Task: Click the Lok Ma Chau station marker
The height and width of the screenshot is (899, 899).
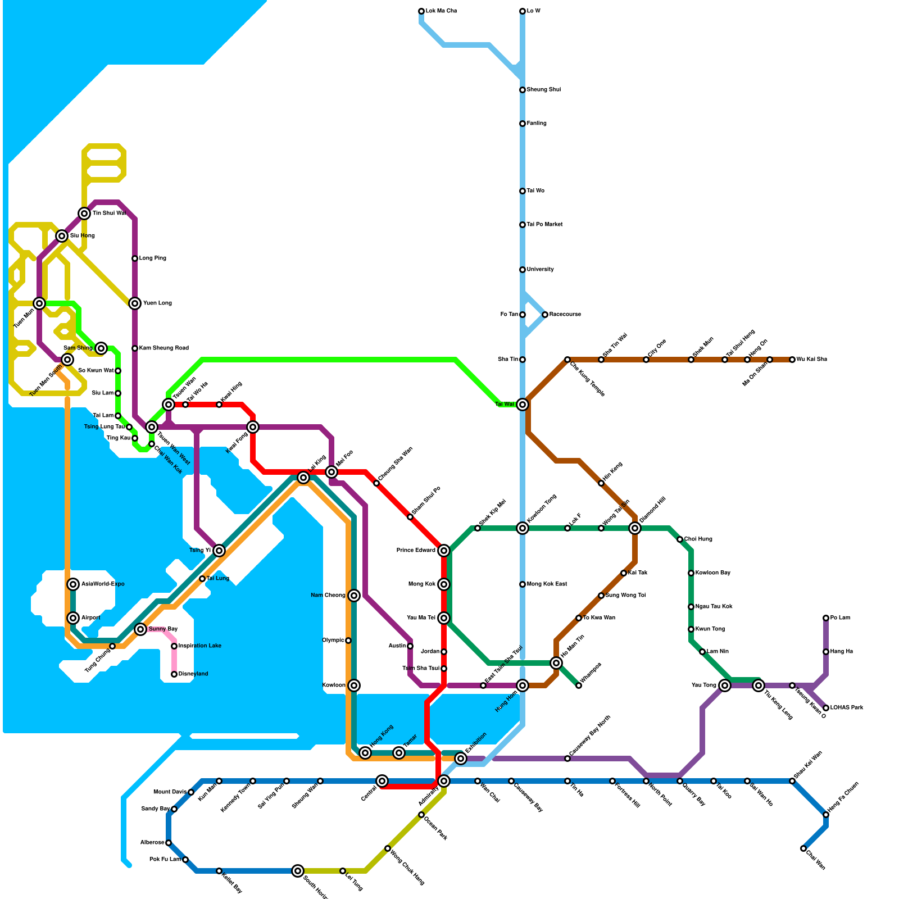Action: [x=421, y=11]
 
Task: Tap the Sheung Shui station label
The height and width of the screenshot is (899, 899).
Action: [x=543, y=90]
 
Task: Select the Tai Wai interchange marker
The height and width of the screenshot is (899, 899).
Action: [x=523, y=405]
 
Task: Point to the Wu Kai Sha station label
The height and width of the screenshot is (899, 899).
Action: [x=811, y=360]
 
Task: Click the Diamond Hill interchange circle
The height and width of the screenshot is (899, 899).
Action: [x=635, y=528]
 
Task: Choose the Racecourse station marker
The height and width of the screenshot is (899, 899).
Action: [x=545, y=315]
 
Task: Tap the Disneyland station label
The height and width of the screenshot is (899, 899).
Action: [x=193, y=674]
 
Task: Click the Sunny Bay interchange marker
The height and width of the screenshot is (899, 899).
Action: [x=140, y=629]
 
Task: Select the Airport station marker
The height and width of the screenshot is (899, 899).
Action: [x=73, y=618]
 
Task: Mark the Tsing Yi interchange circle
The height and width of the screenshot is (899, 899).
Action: [x=219, y=551]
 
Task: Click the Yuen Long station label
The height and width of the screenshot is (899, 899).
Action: [x=157, y=303]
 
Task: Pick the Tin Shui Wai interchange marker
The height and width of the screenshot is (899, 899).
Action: [x=84, y=214]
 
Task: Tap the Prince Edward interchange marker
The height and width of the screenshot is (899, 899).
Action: [x=444, y=551]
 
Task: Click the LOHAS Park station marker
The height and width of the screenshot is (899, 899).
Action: [x=826, y=708]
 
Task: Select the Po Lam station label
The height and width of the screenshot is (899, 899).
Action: [x=840, y=618]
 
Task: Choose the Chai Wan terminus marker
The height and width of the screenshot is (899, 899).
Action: [x=803, y=848]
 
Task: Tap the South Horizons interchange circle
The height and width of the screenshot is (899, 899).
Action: [x=298, y=871]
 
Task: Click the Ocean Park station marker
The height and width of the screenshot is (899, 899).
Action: [x=421, y=815]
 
